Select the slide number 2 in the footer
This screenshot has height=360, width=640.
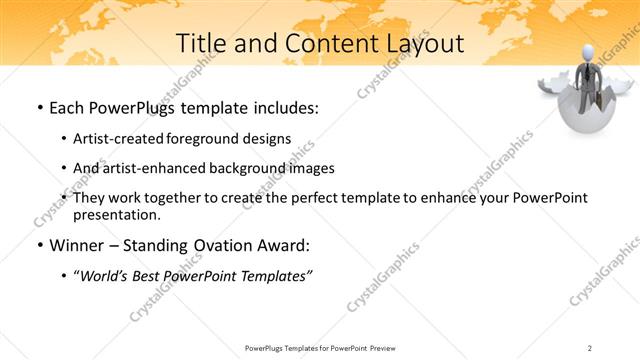point(590,347)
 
